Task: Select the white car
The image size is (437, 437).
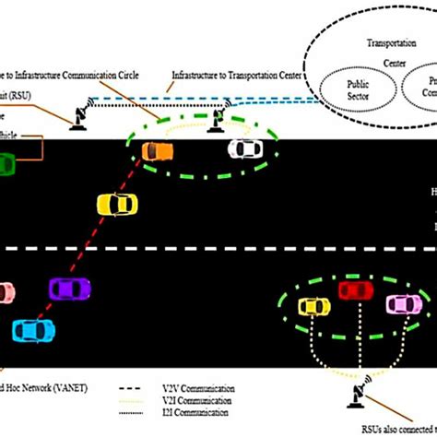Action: (244, 148)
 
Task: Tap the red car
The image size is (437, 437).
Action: (355, 292)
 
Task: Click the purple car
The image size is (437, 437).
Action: (68, 289)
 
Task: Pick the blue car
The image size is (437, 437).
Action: (34, 329)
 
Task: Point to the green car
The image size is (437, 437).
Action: (6, 165)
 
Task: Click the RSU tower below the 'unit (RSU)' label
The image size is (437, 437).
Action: (80, 115)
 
